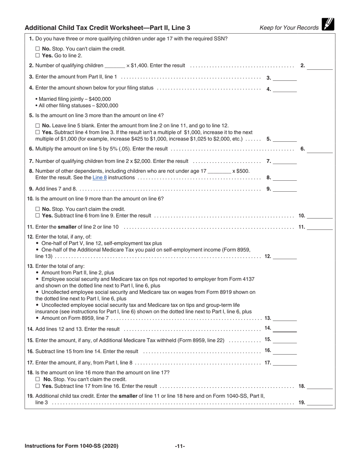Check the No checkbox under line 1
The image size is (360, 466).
tap(38, 49)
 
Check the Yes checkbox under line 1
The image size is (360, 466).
tap(38, 55)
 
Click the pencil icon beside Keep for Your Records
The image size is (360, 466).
tap(328, 25)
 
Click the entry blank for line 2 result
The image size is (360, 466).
tap(319, 66)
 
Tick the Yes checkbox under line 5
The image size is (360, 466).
tap(38, 132)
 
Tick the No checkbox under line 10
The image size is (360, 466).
tap(38, 209)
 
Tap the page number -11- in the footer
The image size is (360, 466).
tap(180, 446)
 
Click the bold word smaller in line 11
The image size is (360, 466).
tap(67, 227)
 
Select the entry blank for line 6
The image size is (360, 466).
tap(319, 150)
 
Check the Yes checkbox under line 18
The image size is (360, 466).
tap(38, 386)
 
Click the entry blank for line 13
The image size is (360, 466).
tap(285, 319)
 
